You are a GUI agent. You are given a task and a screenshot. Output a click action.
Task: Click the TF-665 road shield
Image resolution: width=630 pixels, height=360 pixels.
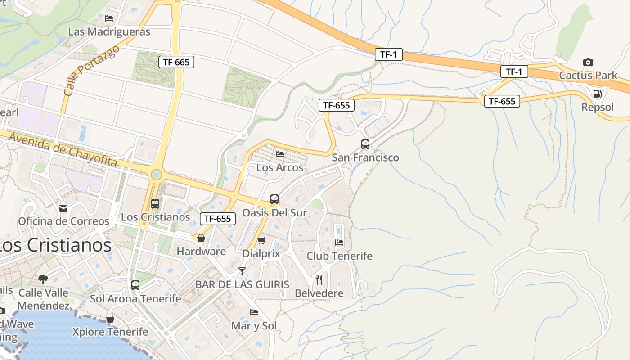(176, 62)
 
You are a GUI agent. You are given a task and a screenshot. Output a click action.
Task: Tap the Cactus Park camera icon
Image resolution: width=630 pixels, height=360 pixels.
(588, 62)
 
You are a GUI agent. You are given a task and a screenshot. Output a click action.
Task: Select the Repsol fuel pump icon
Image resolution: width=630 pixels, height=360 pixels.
(598, 94)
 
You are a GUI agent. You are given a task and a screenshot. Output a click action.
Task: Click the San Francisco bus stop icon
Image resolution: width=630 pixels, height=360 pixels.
(365, 144)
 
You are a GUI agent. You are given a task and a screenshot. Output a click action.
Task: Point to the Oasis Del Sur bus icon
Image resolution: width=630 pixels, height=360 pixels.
(274, 199)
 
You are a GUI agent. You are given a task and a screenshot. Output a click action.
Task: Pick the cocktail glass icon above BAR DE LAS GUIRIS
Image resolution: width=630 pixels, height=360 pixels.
(242, 271)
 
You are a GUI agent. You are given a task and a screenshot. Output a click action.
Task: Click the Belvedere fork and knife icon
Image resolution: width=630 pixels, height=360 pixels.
(319, 280)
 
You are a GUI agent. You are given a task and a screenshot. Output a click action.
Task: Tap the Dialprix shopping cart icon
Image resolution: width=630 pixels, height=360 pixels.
(261, 240)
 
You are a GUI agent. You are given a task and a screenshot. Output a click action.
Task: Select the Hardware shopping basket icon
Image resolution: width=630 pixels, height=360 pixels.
(201, 238)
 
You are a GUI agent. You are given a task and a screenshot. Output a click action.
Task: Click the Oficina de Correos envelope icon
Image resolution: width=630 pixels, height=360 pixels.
(63, 208)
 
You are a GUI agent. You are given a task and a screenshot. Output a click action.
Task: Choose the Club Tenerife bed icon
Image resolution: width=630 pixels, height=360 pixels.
(339, 243)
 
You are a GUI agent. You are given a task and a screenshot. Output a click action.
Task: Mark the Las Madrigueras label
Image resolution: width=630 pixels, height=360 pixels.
(109, 32)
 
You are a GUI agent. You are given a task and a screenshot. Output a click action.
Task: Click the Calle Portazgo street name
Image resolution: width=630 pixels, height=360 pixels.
(91, 70)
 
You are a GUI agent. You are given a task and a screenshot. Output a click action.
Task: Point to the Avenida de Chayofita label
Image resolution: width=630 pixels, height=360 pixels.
(63, 150)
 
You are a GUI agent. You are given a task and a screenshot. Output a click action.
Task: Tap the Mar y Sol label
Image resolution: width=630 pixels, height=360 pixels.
(254, 326)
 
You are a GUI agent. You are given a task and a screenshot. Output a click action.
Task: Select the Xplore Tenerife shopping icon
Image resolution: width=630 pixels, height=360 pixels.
(110, 319)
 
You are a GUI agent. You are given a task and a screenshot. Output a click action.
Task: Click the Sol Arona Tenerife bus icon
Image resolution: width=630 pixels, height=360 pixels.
(135, 285)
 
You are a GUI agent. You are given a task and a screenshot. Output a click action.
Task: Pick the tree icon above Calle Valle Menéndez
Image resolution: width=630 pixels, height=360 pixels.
(43, 279)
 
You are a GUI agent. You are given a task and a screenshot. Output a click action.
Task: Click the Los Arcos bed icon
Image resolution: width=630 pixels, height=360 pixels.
(280, 154)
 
